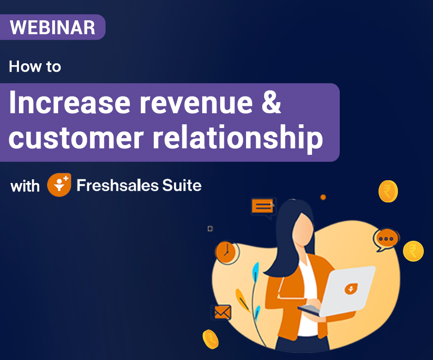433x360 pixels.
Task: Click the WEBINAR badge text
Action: click(x=53, y=27)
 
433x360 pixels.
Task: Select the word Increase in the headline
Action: click(x=70, y=102)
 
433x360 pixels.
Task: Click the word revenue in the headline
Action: click(x=196, y=103)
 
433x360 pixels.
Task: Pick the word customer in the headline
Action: click(x=76, y=137)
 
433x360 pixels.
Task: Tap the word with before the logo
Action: click(x=25, y=186)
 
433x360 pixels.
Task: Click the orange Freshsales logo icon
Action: click(x=59, y=185)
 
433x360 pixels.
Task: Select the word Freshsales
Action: click(x=118, y=185)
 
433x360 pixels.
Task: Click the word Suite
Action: click(x=182, y=185)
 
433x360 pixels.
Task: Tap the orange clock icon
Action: click(x=227, y=252)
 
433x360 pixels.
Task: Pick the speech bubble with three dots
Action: click(x=387, y=239)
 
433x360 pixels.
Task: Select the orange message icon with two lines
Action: click(x=263, y=207)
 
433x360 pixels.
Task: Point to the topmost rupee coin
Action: click(x=388, y=191)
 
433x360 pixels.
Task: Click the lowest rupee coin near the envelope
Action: click(x=210, y=339)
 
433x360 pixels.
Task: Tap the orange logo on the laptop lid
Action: click(x=351, y=289)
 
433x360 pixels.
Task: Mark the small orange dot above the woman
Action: click(x=323, y=197)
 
